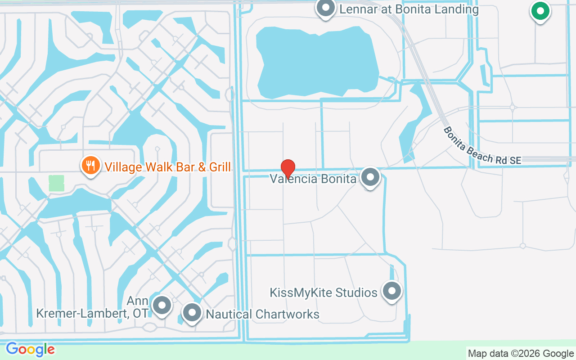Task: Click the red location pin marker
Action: click(288, 168)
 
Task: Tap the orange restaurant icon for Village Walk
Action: click(90, 165)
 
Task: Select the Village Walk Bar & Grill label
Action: click(167, 167)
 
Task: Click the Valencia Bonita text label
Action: click(313, 179)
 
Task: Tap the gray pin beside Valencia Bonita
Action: click(370, 177)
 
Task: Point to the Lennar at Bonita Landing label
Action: click(409, 9)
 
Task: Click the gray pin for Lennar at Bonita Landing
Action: click(325, 8)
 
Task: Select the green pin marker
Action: click(540, 11)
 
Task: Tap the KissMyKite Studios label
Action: click(324, 293)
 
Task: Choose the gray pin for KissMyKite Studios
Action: click(391, 291)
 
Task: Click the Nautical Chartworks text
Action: click(262, 314)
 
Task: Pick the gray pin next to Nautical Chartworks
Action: click(192, 312)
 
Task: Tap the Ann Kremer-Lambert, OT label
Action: click(92, 307)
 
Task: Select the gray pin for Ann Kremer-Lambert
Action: click(162, 306)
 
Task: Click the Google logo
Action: click(31, 349)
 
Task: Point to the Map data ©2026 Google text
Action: click(521, 354)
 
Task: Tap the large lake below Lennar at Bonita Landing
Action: click(317, 58)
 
